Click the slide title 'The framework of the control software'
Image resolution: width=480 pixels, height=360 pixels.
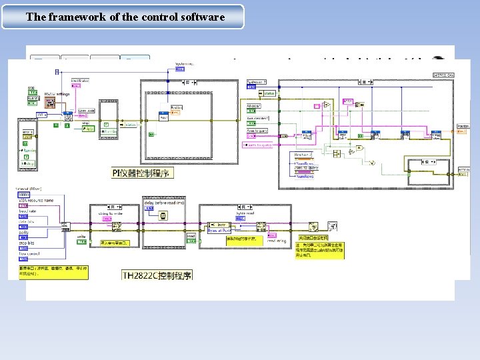pos(125,17)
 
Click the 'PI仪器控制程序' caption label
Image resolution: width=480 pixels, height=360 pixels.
pos(141,173)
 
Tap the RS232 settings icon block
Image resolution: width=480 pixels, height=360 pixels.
pos(50,102)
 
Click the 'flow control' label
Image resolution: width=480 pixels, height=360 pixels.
pos(33,254)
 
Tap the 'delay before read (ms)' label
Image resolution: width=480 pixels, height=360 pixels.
pos(164,202)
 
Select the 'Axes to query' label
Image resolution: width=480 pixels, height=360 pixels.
pos(258,131)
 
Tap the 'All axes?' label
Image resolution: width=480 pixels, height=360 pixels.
pos(255,105)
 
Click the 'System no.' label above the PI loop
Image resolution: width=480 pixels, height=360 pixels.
pos(185,64)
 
